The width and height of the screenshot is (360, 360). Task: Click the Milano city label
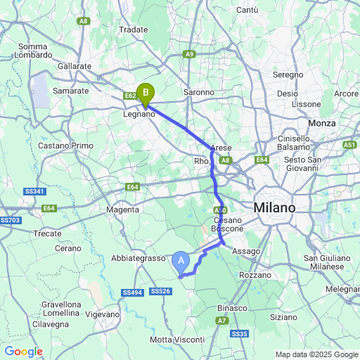pos(275,207)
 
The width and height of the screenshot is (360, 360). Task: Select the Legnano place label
pos(139,114)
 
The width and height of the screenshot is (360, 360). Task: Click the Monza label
pos(321,123)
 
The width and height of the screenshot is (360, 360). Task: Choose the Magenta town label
pos(122,209)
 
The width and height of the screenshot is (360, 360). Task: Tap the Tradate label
pos(134,30)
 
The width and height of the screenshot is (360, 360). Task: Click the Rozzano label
pos(255,275)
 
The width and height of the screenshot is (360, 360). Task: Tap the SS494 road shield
pos(131,292)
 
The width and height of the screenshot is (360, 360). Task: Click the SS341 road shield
pos(34,192)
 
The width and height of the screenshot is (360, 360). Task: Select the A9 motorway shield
pos(189,53)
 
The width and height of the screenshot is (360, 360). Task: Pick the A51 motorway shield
pos(349,144)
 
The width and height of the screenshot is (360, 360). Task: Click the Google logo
pos(23,352)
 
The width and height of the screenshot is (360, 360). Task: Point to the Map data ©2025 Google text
pos(316,354)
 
